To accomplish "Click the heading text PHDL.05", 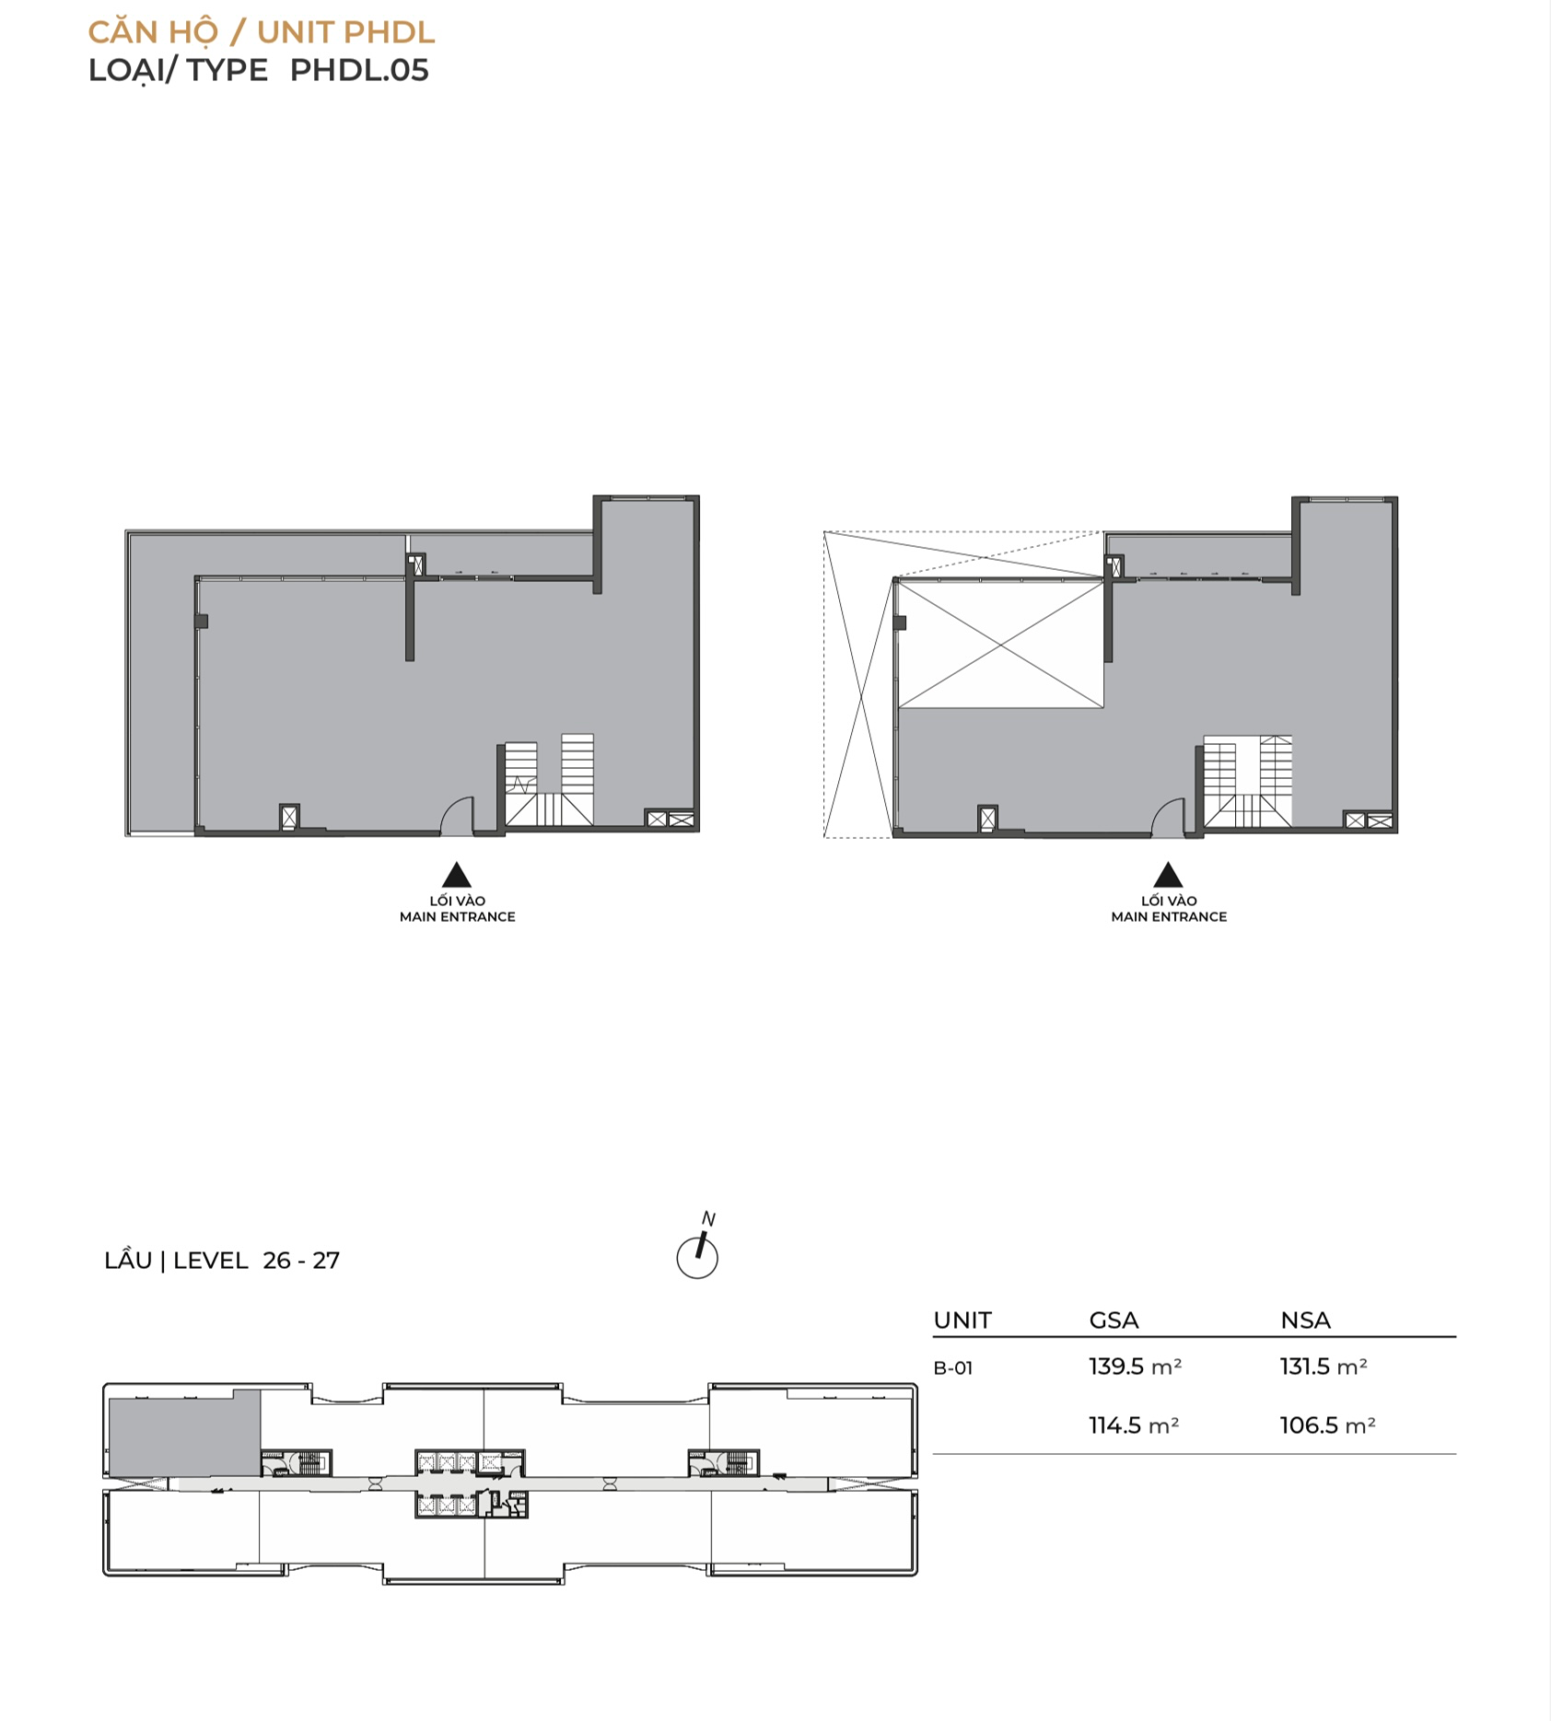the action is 359,71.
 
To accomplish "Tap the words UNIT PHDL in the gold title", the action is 345,32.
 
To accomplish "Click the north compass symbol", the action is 698,1248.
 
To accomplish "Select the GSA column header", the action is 1114,1320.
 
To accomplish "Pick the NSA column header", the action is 1305,1320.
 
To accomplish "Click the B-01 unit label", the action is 953,1368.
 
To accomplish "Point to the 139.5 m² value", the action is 1135,1366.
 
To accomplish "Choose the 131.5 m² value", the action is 1324,1366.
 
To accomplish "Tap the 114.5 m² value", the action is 1134,1425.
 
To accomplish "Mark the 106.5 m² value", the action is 1327,1425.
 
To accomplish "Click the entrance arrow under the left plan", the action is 457,875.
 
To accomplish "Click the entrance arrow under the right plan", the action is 1168,875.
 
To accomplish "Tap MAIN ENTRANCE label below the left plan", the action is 457,917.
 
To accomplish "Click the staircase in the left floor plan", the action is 549,783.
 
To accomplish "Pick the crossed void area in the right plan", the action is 999,645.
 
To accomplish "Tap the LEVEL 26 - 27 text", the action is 256,1261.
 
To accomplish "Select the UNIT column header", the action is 962,1320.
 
